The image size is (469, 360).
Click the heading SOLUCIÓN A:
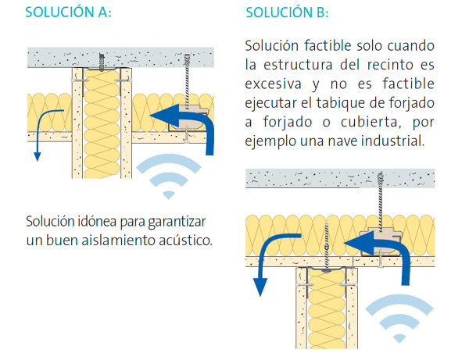68,12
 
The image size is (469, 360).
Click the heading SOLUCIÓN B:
287,12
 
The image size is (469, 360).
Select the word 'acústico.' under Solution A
185,241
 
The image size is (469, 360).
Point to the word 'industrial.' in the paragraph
392,141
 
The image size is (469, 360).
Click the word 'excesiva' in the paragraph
273,84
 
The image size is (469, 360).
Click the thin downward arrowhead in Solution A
37,156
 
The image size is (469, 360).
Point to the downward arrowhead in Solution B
260,287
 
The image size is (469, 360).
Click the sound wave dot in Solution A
169,194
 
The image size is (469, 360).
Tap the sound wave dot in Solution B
399,338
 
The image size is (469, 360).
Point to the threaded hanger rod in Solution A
188,81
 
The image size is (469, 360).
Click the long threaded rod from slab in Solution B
381,202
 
